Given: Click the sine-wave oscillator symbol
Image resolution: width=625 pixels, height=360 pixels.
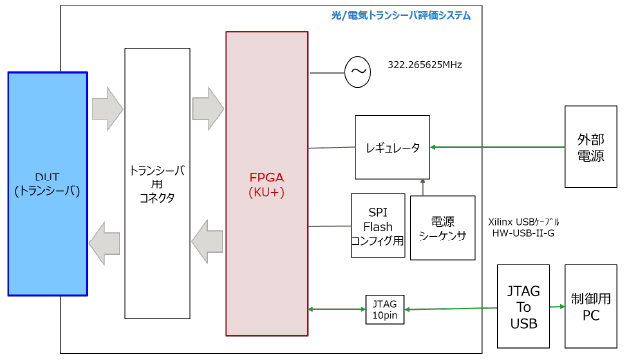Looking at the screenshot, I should [x=357, y=71].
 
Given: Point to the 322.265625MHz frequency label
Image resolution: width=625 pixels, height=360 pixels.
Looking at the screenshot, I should [x=424, y=65].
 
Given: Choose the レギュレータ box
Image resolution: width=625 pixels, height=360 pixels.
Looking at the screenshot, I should [x=392, y=147].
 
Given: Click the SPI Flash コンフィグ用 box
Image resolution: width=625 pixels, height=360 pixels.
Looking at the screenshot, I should [x=377, y=225].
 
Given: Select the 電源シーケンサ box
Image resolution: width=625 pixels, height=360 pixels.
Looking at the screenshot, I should [x=442, y=228].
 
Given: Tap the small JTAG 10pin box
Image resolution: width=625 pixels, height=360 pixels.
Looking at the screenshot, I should [x=384, y=309].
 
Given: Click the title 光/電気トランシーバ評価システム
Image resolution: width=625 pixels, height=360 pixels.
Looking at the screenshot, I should [x=400, y=15].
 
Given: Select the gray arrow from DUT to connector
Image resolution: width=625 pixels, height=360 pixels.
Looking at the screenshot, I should [x=106, y=108].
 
